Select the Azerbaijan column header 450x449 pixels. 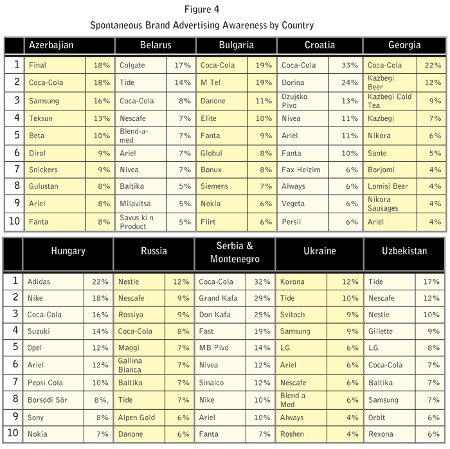point(51,46)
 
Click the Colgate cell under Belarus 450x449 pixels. point(132,66)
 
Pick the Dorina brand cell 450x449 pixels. point(292,83)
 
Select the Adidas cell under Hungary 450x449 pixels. point(39,282)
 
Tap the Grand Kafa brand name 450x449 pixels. point(219,299)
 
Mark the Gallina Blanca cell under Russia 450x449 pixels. point(130,365)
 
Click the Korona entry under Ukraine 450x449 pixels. point(292,282)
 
